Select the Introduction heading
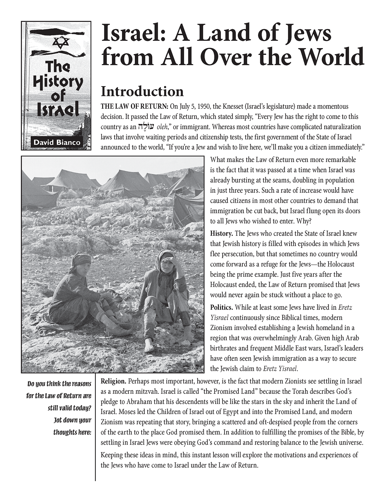pyautogui.click(x=142, y=91)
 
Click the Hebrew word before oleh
pyautogui.click(x=146, y=127)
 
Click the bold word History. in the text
pyautogui.click(x=222, y=234)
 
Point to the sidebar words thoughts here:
pyautogui.click(x=72, y=432)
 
